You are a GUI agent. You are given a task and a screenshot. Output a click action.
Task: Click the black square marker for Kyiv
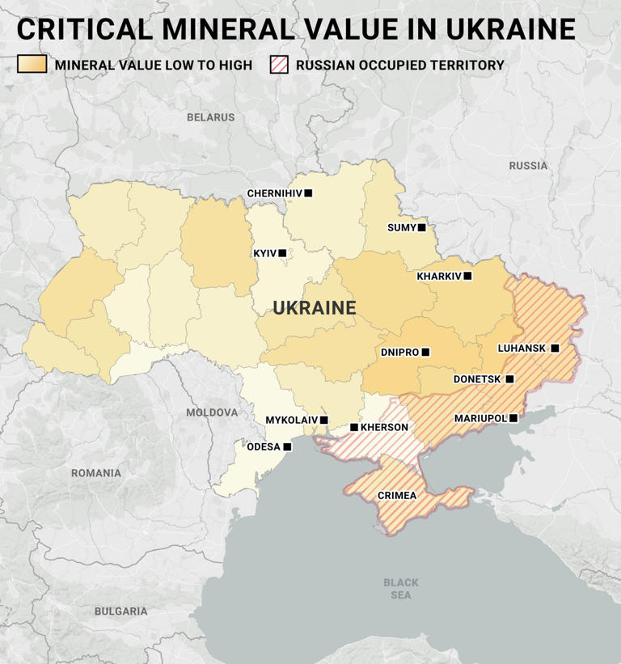(282, 253)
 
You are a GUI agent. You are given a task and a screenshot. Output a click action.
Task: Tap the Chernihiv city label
(275, 193)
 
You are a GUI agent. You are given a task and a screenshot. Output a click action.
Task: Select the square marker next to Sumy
(421, 228)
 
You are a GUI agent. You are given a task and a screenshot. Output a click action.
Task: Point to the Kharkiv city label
(439, 276)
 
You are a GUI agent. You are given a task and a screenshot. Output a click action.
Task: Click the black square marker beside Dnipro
(425, 352)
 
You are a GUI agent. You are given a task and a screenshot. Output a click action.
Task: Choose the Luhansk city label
(522, 348)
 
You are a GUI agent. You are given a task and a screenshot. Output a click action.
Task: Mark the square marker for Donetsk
(509, 379)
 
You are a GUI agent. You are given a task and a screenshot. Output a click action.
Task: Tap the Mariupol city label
(480, 418)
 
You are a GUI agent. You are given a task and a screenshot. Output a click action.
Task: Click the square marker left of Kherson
(353, 427)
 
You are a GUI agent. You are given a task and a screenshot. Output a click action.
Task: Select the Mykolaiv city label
(291, 420)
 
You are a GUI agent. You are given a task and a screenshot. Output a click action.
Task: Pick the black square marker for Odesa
(287, 446)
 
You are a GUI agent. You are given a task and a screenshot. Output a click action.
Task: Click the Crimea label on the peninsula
(397, 495)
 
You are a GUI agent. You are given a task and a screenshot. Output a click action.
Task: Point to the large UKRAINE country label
(315, 308)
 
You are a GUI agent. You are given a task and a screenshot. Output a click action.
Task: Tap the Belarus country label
(210, 117)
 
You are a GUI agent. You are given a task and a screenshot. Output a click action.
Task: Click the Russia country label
(528, 166)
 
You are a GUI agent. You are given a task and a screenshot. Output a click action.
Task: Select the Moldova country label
(212, 412)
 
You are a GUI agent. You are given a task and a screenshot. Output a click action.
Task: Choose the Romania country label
(95, 473)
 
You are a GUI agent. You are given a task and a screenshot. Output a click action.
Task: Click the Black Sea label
(401, 589)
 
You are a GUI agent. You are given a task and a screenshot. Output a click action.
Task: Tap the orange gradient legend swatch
(32, 65)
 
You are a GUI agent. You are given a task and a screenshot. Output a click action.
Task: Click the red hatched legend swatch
(278, 65)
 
